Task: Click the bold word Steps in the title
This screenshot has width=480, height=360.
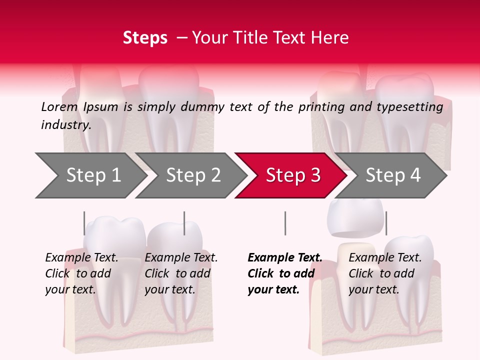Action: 145,38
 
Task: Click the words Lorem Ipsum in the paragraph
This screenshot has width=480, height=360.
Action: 79,106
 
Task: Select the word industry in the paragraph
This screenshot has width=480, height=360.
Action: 65,124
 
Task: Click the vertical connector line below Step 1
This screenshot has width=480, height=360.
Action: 84,223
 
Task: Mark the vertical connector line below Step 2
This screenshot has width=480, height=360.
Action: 184,223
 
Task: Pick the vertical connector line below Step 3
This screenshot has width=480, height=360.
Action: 285,223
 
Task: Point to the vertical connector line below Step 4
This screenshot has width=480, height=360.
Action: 386,223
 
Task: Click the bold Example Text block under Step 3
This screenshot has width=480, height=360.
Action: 284,273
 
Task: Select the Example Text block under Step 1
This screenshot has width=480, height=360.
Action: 81,273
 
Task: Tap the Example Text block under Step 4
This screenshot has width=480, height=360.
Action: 384,273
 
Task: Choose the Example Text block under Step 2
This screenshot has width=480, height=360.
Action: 180,273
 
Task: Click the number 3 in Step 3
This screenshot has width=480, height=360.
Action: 315,175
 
